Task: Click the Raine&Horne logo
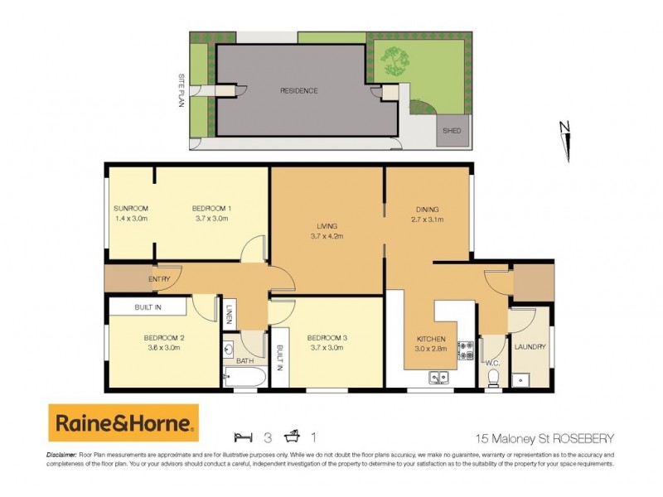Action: pyautogui.click(x=123, y=424)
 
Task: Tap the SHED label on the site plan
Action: pyautogui.click(x=452, y=131)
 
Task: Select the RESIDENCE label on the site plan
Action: pyautogui.click(x=298, y=91)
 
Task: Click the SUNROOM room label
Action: pyautogui.click(x=130, y=208)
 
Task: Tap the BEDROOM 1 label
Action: pyautogui.click(x=211, y=208)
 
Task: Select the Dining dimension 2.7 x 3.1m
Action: pyautogui.click(x=428, y=220)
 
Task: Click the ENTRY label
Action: pyautogui.click(x=159, y=279)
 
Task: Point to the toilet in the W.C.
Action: pyautogui.click(x=493, y=376)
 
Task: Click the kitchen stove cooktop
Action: pyautogui.click(x=467, y=350)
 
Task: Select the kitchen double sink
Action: pyautogui.click(x=438, y=378)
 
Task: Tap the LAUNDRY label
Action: pyautogui.click(x=530, y=347)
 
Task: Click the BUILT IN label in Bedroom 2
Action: pyautogui.click(x=149, y=308)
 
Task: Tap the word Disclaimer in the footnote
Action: pyautogui.click(x=60, y=456)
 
